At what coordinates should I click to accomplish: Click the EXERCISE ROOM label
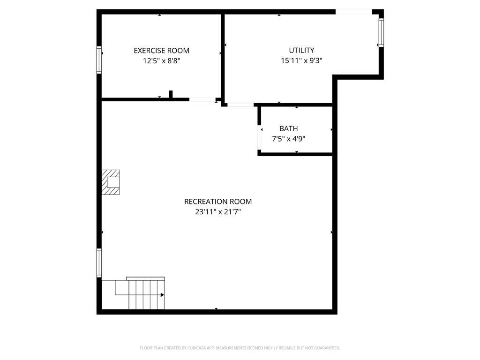click(x=161, y=51)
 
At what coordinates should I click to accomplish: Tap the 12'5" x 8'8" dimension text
click(x=161, y=60)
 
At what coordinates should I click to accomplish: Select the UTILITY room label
click(x=301, y=51)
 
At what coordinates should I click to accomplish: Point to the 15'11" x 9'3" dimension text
click(x=301, y=60)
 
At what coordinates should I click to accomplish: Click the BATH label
click(x=288, y=128)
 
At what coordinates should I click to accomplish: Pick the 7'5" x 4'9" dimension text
click(x=289, y=138)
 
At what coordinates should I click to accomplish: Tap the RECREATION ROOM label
click(x=217, y=202)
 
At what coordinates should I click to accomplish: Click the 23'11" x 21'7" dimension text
click(x=217, y=212)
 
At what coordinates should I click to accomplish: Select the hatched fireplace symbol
click(x=111, y=182)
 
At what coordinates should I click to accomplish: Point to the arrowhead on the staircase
click(x=162, y=295)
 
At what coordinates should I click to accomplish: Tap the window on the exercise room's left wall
click(x=99, y=60)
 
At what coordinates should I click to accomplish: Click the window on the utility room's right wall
click(x=381, y=32)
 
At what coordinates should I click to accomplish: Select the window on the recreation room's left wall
click(x=99, y=262)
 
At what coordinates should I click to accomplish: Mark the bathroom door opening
click(x=259, y=137)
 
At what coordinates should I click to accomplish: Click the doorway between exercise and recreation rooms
click(x=202, y=99)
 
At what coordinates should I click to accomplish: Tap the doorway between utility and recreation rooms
click(x=240, y=105)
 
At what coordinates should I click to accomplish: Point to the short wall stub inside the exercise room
click(x=171, y=94)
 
